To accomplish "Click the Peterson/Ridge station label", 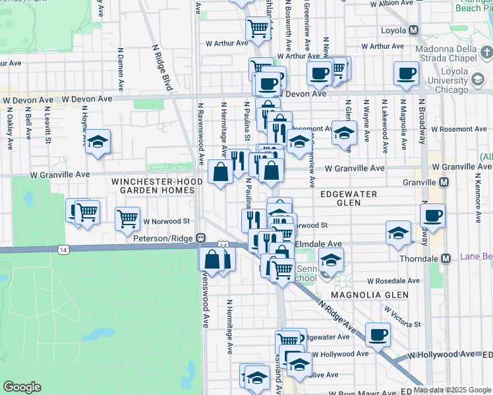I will tap(165, 238).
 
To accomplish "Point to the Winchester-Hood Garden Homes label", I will tap(154, 185).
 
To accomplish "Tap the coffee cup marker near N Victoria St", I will tap(378, 334).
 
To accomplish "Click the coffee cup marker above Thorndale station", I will tap(433, 215).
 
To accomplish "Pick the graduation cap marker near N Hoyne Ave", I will tap(98, 142).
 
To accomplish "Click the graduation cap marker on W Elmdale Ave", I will tap(398, 233).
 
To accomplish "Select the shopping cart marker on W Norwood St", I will tap(127, 218).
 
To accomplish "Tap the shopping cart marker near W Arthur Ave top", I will tap(258, 28).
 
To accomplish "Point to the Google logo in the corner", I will tap(22, 387).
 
